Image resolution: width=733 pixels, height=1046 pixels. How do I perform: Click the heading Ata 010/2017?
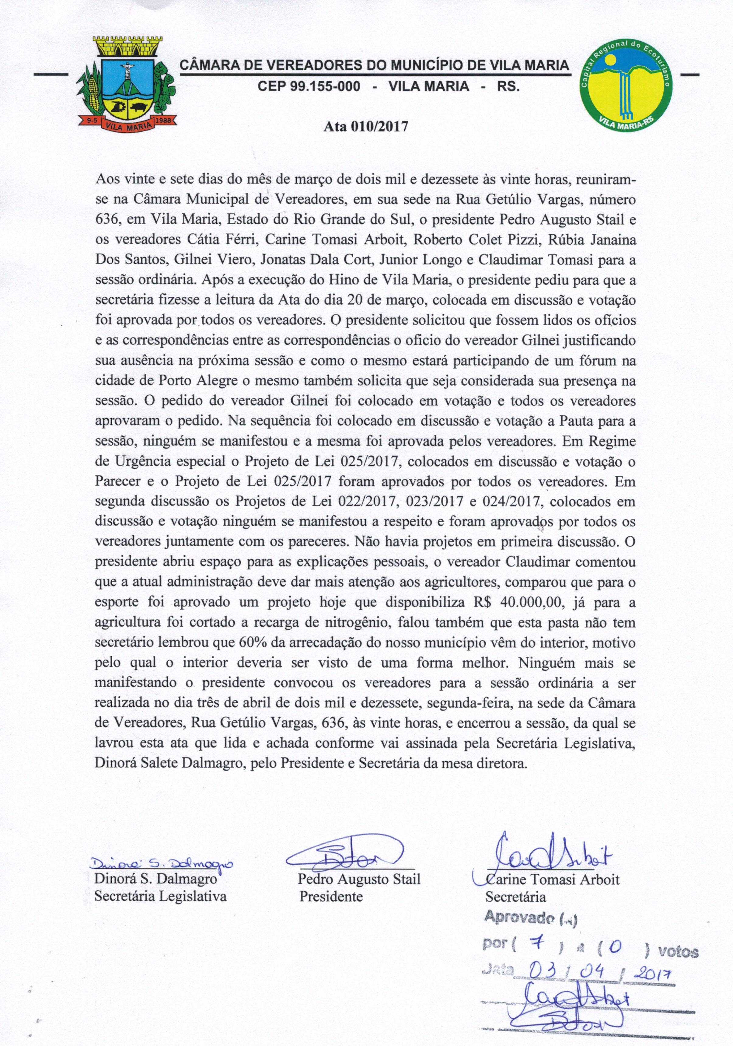[x=365, y=126]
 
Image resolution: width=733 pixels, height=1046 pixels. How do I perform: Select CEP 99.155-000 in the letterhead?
[x=309, y=86]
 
